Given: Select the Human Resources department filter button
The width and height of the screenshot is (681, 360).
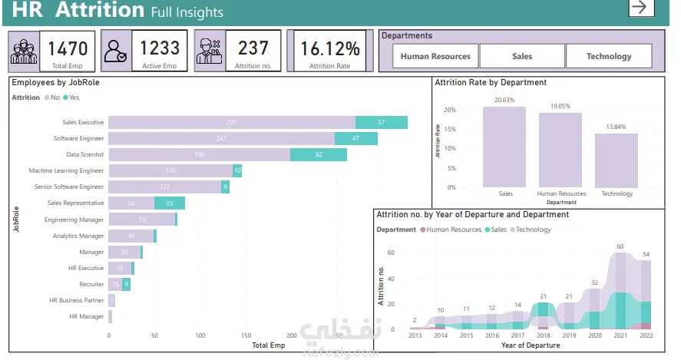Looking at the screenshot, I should [435, 56].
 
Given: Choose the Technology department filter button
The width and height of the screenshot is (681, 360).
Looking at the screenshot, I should [609, 56].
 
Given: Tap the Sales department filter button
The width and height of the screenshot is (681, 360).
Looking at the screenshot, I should [522, 56].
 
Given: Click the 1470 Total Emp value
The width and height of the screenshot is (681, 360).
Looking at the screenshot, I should [68, 48].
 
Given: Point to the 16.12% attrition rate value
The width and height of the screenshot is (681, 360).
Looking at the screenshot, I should [329, 48].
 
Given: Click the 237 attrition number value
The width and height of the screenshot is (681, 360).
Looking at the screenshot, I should [253, 48].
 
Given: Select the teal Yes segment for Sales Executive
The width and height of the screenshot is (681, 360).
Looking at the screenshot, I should [382, 123].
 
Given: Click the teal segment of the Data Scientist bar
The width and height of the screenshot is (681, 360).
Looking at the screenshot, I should [319, 155].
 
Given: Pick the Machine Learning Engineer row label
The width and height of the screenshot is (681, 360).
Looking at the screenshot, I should [66, 170].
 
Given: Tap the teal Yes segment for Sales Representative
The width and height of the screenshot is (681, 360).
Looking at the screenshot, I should [170, 203].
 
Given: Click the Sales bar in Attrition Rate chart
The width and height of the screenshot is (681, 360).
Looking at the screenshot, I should [504, 147].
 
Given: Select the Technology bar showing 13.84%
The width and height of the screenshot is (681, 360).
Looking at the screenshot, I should [616, 160].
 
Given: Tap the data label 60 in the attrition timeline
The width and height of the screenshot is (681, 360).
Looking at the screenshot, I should [621, 246].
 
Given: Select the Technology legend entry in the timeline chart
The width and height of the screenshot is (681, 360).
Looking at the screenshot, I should [531, 230].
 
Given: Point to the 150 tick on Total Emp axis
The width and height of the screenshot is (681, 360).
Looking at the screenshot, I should [246, 335].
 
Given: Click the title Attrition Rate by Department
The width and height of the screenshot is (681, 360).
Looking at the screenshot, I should [491, 82].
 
